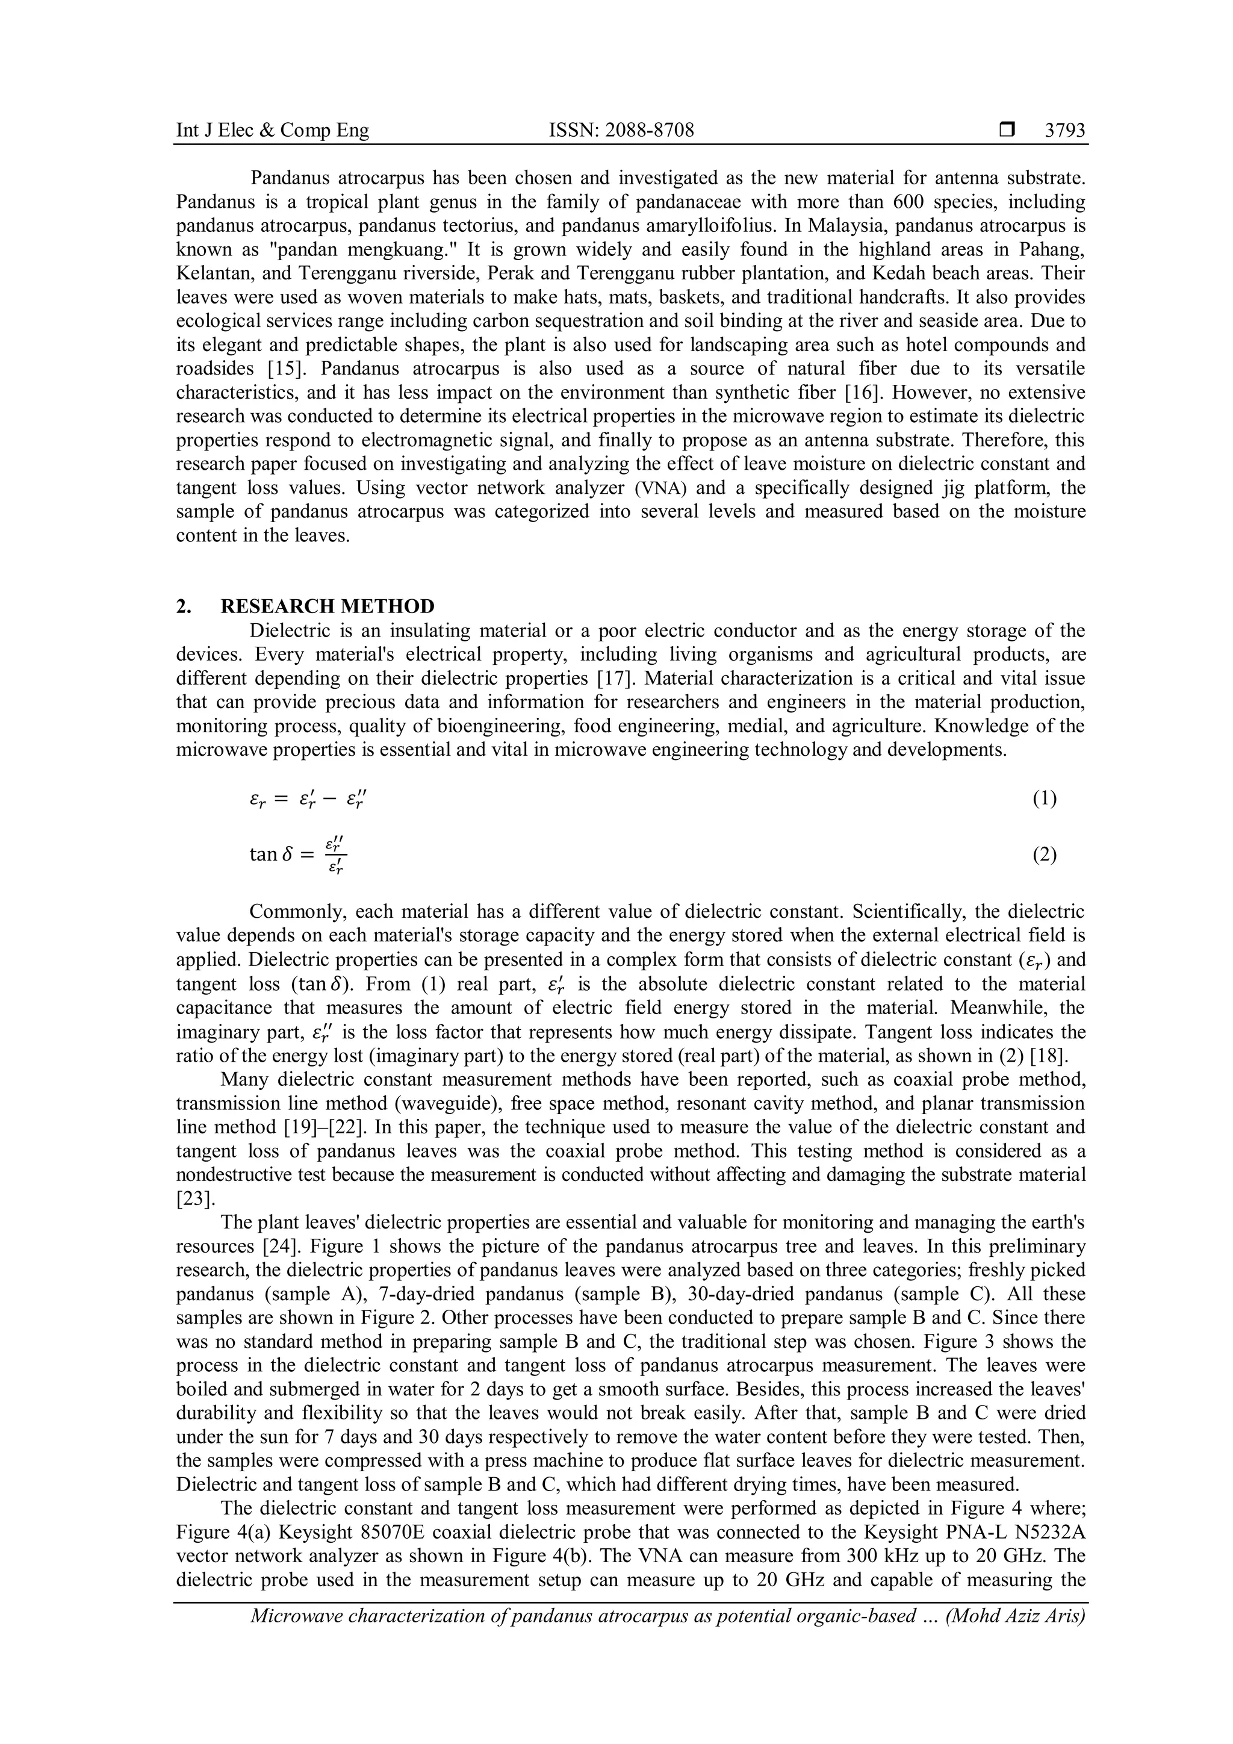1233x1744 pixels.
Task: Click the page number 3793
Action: [x=1064, y=131]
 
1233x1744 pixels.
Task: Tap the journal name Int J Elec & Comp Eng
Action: [x=273, y=131]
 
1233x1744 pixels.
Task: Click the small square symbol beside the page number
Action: [x=1007, y=131]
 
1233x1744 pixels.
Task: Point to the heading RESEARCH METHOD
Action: [x=328, y=606]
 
